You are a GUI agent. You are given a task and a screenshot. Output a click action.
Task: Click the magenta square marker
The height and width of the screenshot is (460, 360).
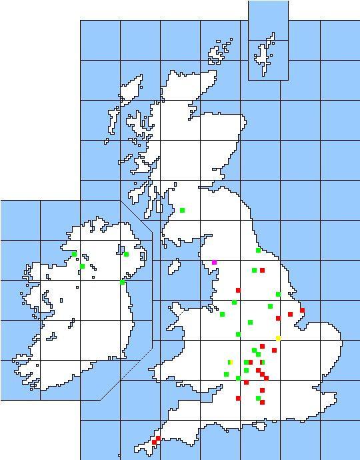214,263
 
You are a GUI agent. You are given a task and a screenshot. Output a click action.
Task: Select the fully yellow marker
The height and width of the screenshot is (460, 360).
278,338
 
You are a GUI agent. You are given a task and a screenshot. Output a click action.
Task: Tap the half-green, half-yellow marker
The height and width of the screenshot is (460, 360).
230,362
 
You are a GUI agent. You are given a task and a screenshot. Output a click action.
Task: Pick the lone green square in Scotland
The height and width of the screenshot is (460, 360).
182,211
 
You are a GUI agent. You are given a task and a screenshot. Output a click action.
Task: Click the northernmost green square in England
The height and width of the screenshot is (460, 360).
258,251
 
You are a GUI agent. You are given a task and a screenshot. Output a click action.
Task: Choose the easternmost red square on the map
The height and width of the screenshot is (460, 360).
302,311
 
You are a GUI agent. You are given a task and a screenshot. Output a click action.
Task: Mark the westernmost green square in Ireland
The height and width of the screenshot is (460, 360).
74,254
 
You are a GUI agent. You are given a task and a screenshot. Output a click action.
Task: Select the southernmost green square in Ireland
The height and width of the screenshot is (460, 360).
122,282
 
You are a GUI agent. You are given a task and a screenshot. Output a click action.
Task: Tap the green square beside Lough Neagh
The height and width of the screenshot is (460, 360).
126,254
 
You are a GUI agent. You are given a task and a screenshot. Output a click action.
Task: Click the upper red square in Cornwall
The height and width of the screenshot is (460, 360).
158,438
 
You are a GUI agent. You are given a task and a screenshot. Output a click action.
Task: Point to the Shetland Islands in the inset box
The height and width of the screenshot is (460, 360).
267,50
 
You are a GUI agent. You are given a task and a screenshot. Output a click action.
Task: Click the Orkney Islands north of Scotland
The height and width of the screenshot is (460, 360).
220,53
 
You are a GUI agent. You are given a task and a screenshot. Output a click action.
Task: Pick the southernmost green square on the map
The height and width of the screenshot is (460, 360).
258,399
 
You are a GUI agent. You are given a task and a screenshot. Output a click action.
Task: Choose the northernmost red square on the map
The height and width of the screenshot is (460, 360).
263,271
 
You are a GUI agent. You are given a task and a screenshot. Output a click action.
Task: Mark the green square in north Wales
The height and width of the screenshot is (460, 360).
222,314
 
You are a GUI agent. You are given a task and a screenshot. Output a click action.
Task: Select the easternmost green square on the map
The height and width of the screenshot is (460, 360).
278,294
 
